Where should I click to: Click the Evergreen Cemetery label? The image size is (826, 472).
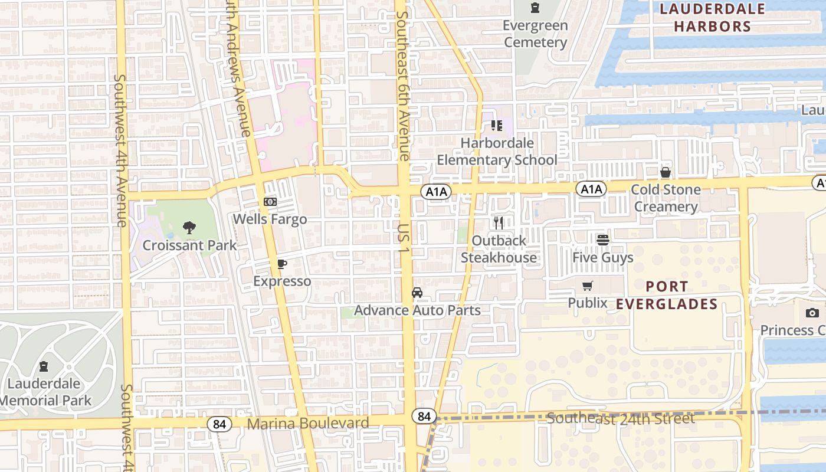coord(535,34)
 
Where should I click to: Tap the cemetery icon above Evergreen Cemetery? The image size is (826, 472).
coord(535,8)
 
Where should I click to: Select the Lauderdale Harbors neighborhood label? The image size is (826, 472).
coord(712,18)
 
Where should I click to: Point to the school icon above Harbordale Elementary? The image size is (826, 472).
coord(496,126)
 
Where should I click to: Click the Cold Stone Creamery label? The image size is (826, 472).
coord(666,198)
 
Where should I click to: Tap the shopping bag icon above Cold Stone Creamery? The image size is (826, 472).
coord(666,172)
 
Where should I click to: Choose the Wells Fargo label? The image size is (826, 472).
coord(270,219)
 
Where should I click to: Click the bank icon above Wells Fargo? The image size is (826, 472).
coord(270,202)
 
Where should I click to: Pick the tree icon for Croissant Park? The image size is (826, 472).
coord(189,227)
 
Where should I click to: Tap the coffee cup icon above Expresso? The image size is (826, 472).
coord(281,264)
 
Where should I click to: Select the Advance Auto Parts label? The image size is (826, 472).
coord(417,310)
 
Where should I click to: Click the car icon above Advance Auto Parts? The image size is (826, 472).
coord(417,293)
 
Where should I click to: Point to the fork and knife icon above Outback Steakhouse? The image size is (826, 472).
coord(499,223)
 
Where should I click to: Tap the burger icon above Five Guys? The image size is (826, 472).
coord(602,240)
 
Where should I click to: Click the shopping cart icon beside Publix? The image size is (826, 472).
coord(587,286)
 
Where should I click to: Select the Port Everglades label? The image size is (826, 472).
coord(667,295)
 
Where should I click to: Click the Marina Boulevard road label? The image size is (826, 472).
coord(307,423)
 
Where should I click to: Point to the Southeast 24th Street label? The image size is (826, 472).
coord(620,418)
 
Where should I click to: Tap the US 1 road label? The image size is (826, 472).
coord(404,238)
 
